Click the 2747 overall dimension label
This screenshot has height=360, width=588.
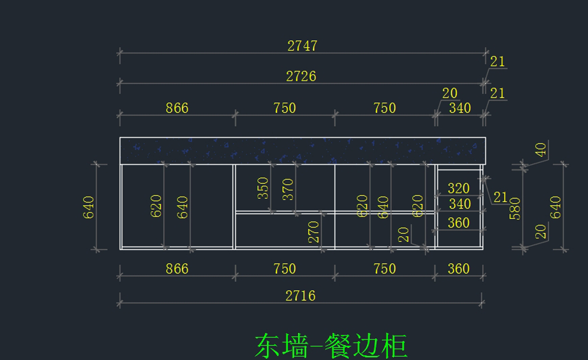(302, 46)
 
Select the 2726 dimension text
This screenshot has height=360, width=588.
(301, 76)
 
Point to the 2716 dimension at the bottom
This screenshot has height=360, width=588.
(300, 295)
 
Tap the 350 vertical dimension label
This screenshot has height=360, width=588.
(263, 188)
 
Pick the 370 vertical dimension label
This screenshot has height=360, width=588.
(288, 189)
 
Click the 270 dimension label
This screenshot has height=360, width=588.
(314, 232)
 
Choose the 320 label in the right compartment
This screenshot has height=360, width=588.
(459, 189)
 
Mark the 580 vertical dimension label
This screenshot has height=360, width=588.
(515, 208)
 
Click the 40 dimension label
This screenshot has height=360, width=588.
(540, 150)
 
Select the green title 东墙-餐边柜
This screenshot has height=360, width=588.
(331, 346)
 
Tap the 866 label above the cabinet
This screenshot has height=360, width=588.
(177, 108)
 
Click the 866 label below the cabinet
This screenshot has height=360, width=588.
(177, 268)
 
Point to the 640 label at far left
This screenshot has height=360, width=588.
(89, 207)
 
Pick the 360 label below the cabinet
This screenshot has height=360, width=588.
(459, 268)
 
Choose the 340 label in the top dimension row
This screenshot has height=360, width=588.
(460, 108)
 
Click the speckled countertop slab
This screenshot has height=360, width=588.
(302, 150)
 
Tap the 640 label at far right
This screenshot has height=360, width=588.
(555, 207)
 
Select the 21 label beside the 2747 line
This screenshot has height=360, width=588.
(497, 62)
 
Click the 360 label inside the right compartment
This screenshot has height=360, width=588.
(459, 223)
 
